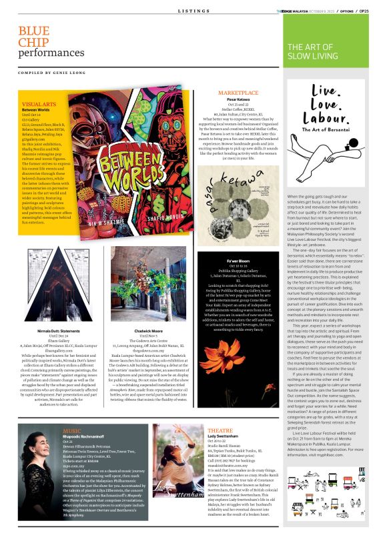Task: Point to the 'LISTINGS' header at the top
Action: click(x=193, y=11)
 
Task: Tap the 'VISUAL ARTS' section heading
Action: click(x=38, y=105)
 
